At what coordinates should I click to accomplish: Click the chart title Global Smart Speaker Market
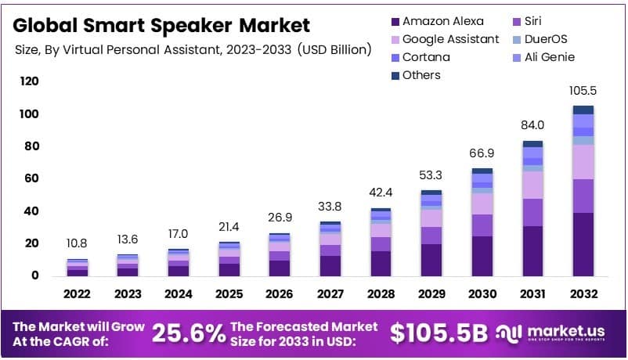point(162,26)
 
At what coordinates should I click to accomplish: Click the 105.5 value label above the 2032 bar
point(583,91)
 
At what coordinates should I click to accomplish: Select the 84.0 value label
point(532,126)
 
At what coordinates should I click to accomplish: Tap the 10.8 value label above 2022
point(77,244)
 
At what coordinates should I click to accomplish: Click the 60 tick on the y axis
point(30,178)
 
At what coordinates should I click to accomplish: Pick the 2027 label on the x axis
point(330,295)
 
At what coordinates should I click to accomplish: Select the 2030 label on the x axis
point(482,295)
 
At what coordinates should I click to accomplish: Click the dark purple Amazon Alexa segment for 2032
point(583,244)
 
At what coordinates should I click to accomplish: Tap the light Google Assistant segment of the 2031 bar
point(532,185)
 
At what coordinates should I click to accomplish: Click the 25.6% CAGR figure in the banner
point(188,333)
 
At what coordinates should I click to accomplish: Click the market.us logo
point(556,333)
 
